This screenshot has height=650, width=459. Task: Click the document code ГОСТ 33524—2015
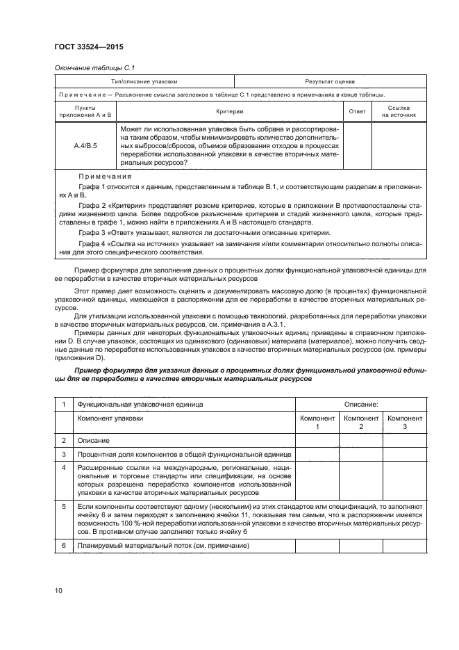pos(85,47)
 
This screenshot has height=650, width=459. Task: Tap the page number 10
pos(58,591)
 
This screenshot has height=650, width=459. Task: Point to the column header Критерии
pos(230,111)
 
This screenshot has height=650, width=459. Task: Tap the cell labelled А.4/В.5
pos(85,147)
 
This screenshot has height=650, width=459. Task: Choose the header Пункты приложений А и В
pos(85,111)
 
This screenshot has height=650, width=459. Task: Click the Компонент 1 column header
pos(317,422)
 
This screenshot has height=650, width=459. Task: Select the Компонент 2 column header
pos(361,422)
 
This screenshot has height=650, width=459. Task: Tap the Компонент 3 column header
pos(404,422)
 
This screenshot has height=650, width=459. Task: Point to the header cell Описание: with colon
pos(360,403)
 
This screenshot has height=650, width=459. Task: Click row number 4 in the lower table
pos(63,467)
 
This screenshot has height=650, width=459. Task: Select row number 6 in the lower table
pos(63,546)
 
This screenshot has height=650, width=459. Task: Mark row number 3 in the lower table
pos(63,454)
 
